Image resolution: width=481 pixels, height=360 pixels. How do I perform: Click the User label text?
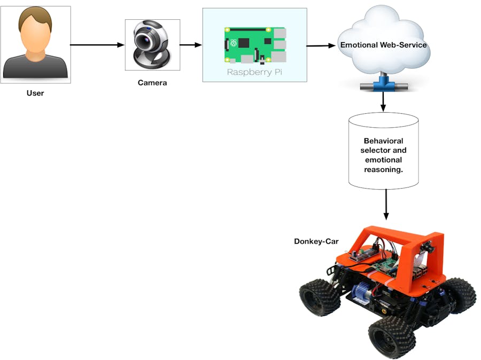pyautogui.click(x=35, y=93)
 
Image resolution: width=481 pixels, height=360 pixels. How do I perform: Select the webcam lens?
pyautogui.click(x=146, y=41)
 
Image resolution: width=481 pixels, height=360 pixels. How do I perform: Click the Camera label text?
pyautogui.click(x=152, y=83)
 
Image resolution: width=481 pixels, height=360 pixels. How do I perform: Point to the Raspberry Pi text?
pyautogui.click(x=254, y=72)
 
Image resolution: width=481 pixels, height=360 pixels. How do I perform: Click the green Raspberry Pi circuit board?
pyautogui.click(x=255, y=44)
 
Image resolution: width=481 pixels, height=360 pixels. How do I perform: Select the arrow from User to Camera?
pyautogui.click(x=96, y=45)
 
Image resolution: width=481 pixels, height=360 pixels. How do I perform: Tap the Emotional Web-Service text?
pyautogui.click(x=383, y=45)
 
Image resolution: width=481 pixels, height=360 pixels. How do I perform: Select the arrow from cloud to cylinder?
pyautogui.click(x=383, y=101)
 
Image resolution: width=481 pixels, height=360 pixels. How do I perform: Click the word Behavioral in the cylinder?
pyautogui.click(x=383, y=141)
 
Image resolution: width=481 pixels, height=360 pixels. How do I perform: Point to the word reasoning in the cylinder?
pyautogui.click(x=383, y=169)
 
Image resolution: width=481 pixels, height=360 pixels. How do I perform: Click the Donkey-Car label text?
pyautogui.click(x=316, y=241)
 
